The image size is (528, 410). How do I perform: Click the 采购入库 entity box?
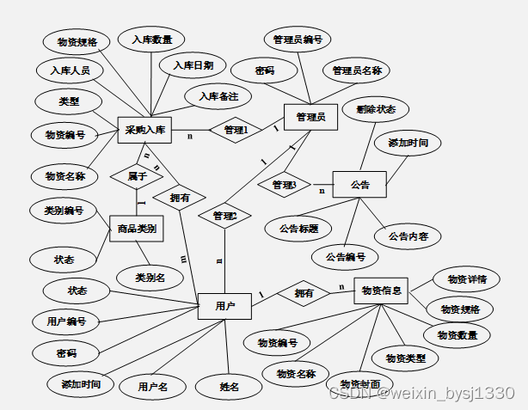tap(144, 131)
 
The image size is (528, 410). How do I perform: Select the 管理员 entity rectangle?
tap(310, 117)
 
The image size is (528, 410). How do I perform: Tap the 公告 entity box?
tap(359, 184)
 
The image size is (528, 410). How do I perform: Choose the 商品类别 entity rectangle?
tap(137, 229)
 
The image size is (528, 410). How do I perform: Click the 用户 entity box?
tap(224, 306)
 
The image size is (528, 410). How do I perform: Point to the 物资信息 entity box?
tap(380, 290)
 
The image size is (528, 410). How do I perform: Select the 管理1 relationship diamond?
tap(236, 131)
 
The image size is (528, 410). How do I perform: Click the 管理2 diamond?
tap(224, 215)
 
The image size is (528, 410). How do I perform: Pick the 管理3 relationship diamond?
tap(284, 184)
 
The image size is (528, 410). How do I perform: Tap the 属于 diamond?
tap(137, 175)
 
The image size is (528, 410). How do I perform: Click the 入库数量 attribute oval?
tap(151, 40)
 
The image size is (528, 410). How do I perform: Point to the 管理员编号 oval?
tap(297, 40)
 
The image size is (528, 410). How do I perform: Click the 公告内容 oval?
tap(408, 236)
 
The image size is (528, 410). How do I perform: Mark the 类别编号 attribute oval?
tap(62, 210)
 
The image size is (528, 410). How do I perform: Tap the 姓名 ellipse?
tap(228, 386)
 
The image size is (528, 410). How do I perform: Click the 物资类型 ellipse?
tap(404, 357)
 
